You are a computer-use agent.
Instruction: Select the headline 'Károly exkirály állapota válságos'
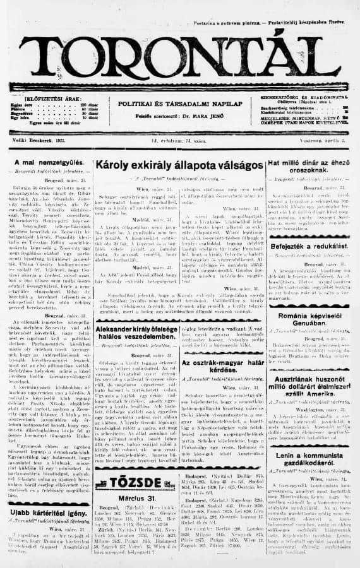click(x=179, y=164)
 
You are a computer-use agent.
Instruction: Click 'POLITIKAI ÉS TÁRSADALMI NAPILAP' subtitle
click(x=179, y=102)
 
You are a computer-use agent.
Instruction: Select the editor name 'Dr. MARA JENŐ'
click(x=198, y=114)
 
